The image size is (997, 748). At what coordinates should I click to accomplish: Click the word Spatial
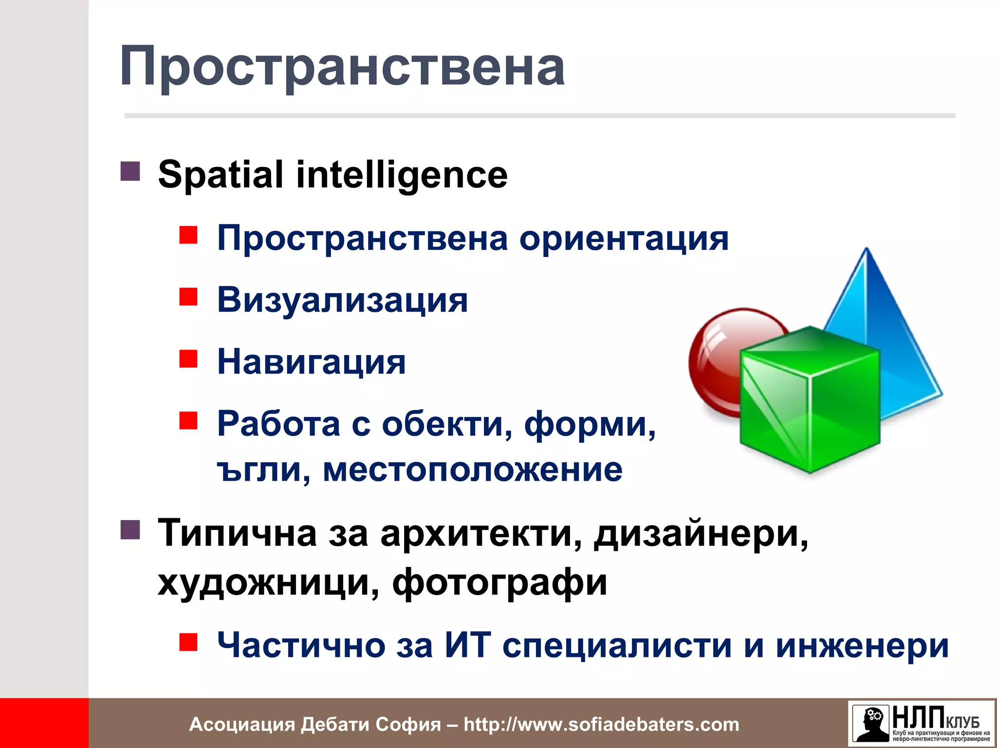[x=221, y=175]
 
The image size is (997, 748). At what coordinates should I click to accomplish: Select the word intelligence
[x=402, y=175]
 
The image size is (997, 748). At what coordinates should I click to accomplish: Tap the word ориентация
[x=624, y=239]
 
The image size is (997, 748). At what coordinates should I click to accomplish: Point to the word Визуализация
[x=342, y=300]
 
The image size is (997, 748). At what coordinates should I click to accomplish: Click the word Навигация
[x=311, y=362]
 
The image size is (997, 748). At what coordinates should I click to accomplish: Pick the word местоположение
[x=472, y=470]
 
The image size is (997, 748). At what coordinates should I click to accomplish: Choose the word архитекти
[x=481, y=534]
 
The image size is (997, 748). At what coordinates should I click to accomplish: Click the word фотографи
[x=499, y=583]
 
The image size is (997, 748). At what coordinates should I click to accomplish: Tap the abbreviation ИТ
[x=467, y=645]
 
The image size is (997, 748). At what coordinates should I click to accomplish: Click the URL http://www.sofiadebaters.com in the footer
[x=601, y=725]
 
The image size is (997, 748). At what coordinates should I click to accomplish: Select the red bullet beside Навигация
[x=188, y=358]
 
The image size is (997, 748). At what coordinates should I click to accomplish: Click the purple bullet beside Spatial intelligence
[x=130, y=171]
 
